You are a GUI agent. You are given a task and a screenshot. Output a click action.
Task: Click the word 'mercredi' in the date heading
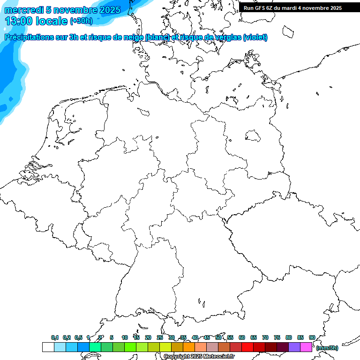click(24, 10)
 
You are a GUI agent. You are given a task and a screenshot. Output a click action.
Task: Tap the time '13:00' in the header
click(18, 21)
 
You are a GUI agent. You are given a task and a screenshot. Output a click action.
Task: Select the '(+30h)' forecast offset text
click(81, 21)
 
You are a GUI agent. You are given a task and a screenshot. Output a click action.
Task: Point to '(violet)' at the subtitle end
click(255, 37)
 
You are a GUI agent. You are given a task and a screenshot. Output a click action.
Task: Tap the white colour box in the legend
click(48, 347)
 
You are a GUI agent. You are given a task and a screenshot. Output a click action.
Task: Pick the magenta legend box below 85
click(306, 347)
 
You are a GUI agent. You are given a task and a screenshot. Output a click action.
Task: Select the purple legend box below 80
click(294, 347)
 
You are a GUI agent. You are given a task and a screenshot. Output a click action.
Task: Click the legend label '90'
click(312, 337)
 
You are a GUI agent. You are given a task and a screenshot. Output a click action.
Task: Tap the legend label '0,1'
click(54, 337)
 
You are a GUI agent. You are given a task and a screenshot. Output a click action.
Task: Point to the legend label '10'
click(125, 337)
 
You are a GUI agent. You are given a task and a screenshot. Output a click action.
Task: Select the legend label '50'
click(218, 337)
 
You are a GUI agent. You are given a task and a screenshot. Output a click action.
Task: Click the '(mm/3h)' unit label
click(327, 348)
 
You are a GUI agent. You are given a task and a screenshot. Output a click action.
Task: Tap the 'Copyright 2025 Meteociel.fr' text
click(199, 356)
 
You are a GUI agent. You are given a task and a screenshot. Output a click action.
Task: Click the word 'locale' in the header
click(52, 21)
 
